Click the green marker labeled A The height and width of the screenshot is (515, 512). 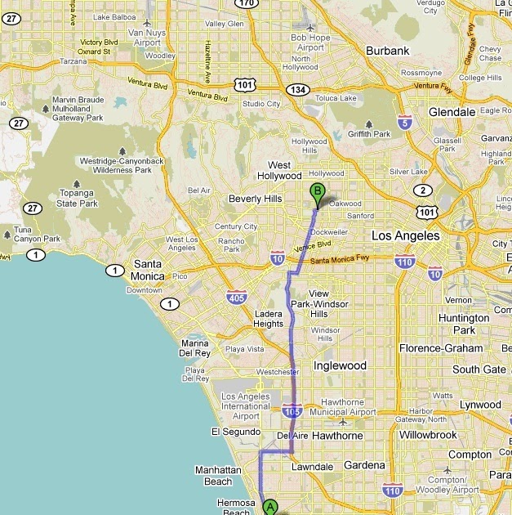270,507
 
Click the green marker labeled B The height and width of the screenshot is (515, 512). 318,194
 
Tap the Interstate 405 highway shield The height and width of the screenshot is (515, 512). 238,297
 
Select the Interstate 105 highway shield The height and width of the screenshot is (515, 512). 292,409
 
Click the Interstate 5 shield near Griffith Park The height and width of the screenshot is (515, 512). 404,123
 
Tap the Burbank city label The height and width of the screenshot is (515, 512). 387,51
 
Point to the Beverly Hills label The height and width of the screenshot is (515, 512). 255,199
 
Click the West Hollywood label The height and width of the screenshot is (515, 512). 279,170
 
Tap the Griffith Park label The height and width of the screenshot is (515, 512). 370,134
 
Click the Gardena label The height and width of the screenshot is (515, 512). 363,465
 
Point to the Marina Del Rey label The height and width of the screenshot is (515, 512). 196,348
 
